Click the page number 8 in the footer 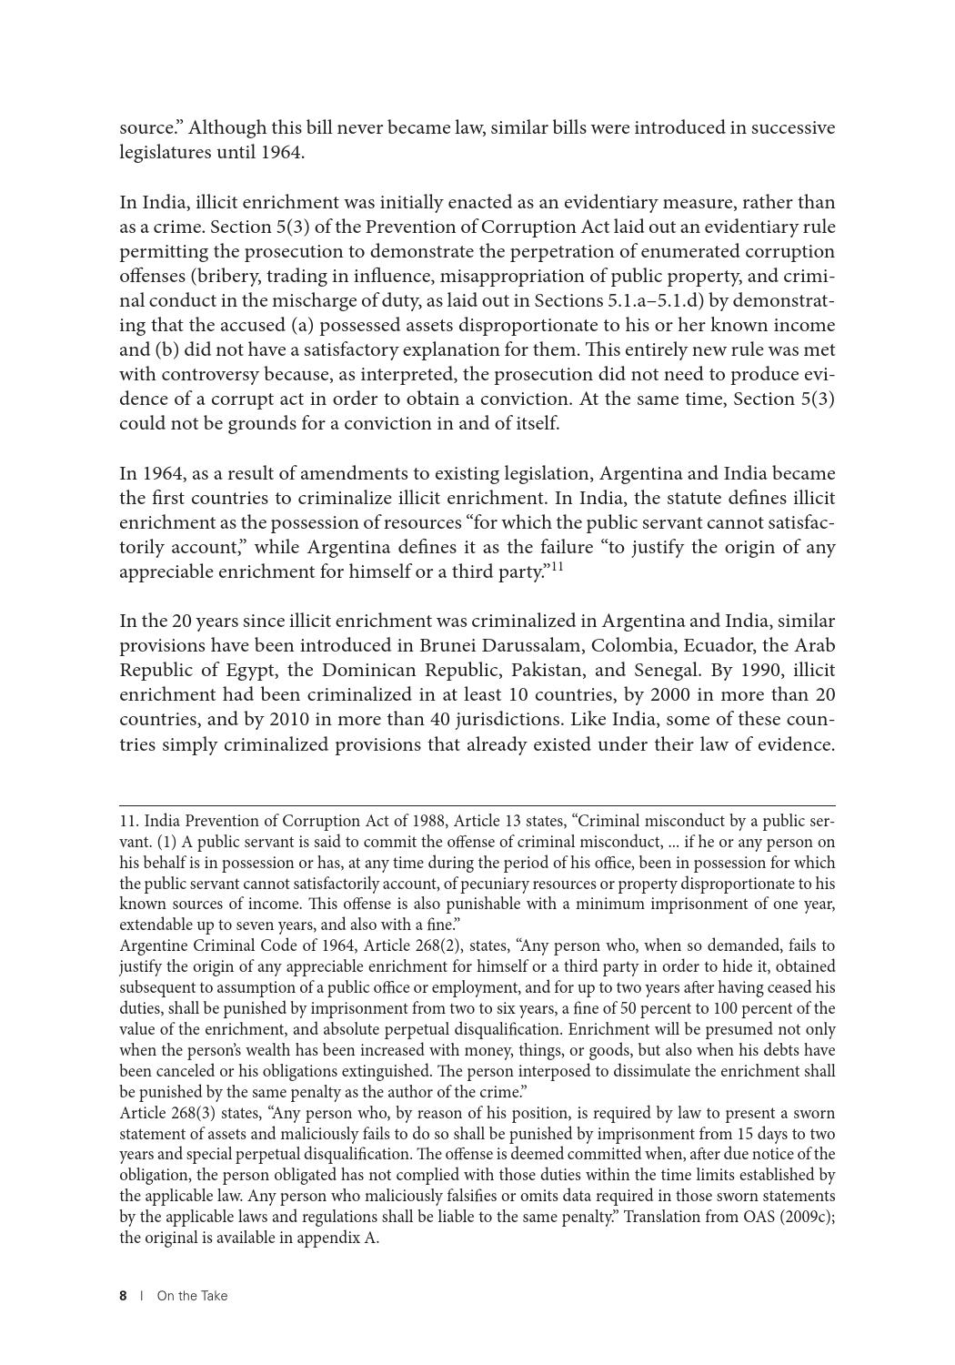(x=123, y=1296)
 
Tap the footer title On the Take (x=192, y=1296)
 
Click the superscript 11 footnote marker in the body (x=557, y=567)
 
